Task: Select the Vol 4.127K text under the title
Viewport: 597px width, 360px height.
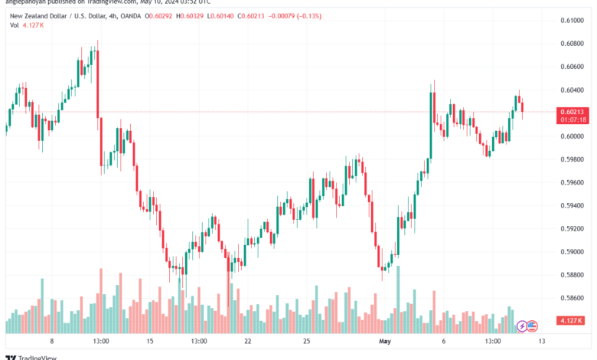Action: (28, 25)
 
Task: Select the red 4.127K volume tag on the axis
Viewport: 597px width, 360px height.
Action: (572, 320)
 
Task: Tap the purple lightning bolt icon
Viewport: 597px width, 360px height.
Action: (523, 326)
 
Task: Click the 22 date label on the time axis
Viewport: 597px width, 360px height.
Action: (247, 341)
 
